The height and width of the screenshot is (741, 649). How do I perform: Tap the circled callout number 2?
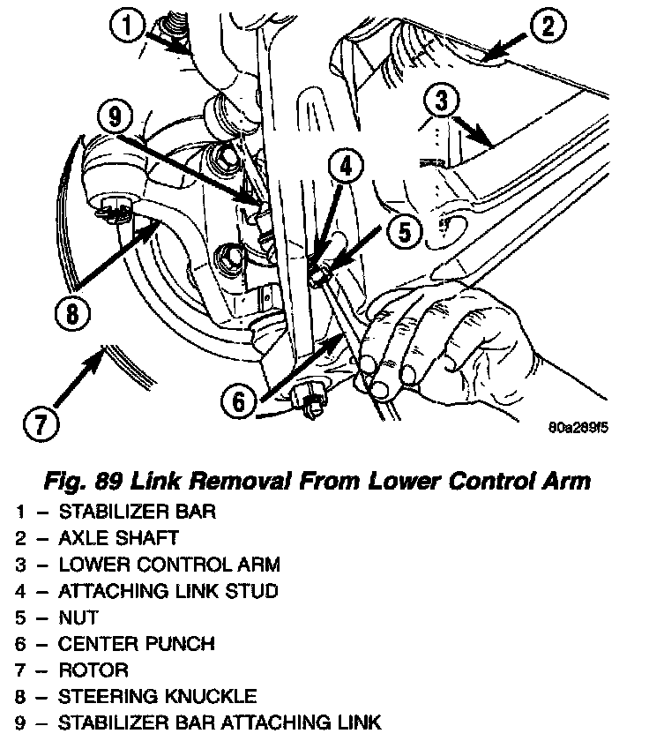pyautogui.click(x=548, y=26)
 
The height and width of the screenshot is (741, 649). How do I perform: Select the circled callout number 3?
pyautogui.click(x=439, y=101)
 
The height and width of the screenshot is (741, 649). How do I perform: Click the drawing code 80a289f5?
pyautogui.click(x=578, y=429)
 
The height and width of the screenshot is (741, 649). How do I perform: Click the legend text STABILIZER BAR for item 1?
pyautogui.click(x=137, y=512)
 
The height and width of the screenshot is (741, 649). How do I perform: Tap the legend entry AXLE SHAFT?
pyautogui.click(x=118, y=538)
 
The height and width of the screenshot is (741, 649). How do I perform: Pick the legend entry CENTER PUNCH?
pyautogui.click(x=136, y=644)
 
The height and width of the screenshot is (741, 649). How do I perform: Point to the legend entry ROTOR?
pyautogui.click(x=93, y=670)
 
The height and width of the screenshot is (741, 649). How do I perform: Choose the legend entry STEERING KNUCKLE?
pyautogui.click(x=158, y=697)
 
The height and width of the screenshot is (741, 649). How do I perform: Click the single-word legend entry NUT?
pyautogui.click(x=78, y=617)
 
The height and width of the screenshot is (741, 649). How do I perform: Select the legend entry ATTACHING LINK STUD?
pyautogui.click(x=168, y=591)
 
